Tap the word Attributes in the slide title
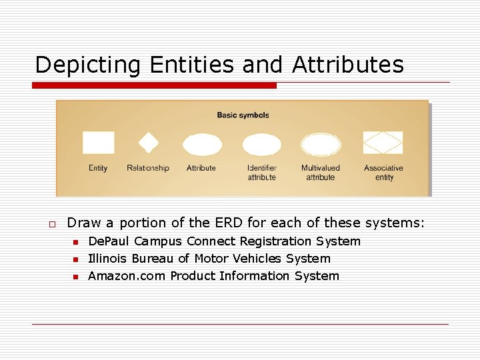(x=347, y=65)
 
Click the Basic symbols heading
(x=243, y=115)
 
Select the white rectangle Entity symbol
(x=98, y=143)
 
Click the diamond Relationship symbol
(x=148, y=143)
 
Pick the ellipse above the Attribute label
(x=202, y=144)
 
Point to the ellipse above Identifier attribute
(x=261, y=144)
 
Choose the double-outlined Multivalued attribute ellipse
(x=321, y=144)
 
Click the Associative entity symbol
(x=383, y=143)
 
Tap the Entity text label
(x=98, y=168)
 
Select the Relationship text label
(x=148, y=168)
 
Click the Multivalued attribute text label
(x=321, y=173)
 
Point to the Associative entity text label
(x=383, y=173)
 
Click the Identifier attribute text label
(x=261, y=173)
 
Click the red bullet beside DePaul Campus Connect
(x=76, y=242)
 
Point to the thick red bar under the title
(x=155, y=85)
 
